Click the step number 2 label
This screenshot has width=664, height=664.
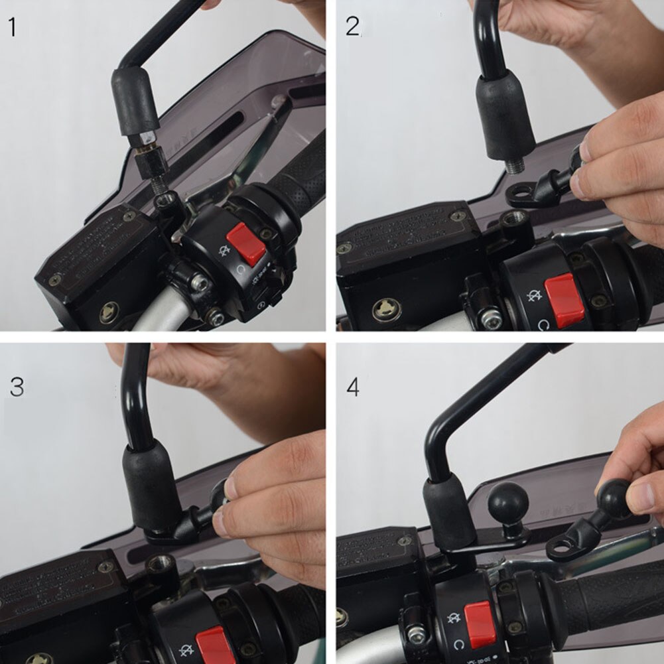pos(353,26)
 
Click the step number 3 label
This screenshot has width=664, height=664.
pos(17,387)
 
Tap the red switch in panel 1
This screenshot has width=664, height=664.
pos(246,243)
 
